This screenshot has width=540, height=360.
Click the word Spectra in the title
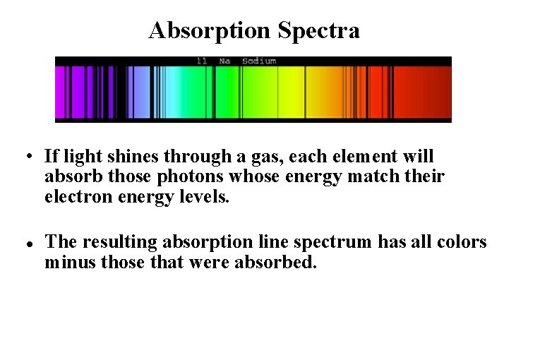point(318,30)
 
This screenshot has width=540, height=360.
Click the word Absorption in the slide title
point(210,30)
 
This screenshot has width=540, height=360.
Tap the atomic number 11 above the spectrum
point(202,61)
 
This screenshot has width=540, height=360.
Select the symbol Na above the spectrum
point(224,61)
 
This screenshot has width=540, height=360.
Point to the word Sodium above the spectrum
point(258,61)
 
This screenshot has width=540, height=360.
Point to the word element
point(370,156)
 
